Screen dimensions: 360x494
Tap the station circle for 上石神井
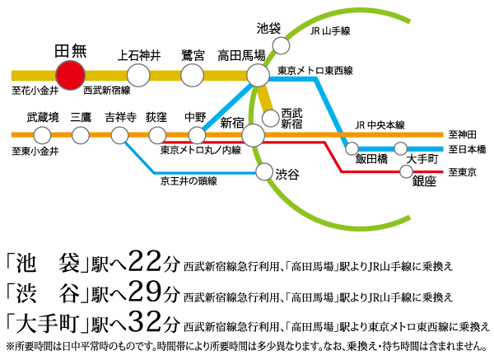139,76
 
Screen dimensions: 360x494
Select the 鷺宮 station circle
192,76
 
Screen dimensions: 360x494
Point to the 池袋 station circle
281,44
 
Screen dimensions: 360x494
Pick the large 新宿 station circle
254,135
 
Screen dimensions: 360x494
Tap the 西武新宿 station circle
270,116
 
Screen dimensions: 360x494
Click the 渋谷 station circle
264,172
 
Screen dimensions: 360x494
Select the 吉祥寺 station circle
120,135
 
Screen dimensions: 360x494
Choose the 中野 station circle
197,135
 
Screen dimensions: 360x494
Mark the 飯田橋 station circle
352,150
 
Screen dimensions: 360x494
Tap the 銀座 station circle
405,171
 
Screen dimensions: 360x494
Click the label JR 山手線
331,31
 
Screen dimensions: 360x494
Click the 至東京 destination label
463,172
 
